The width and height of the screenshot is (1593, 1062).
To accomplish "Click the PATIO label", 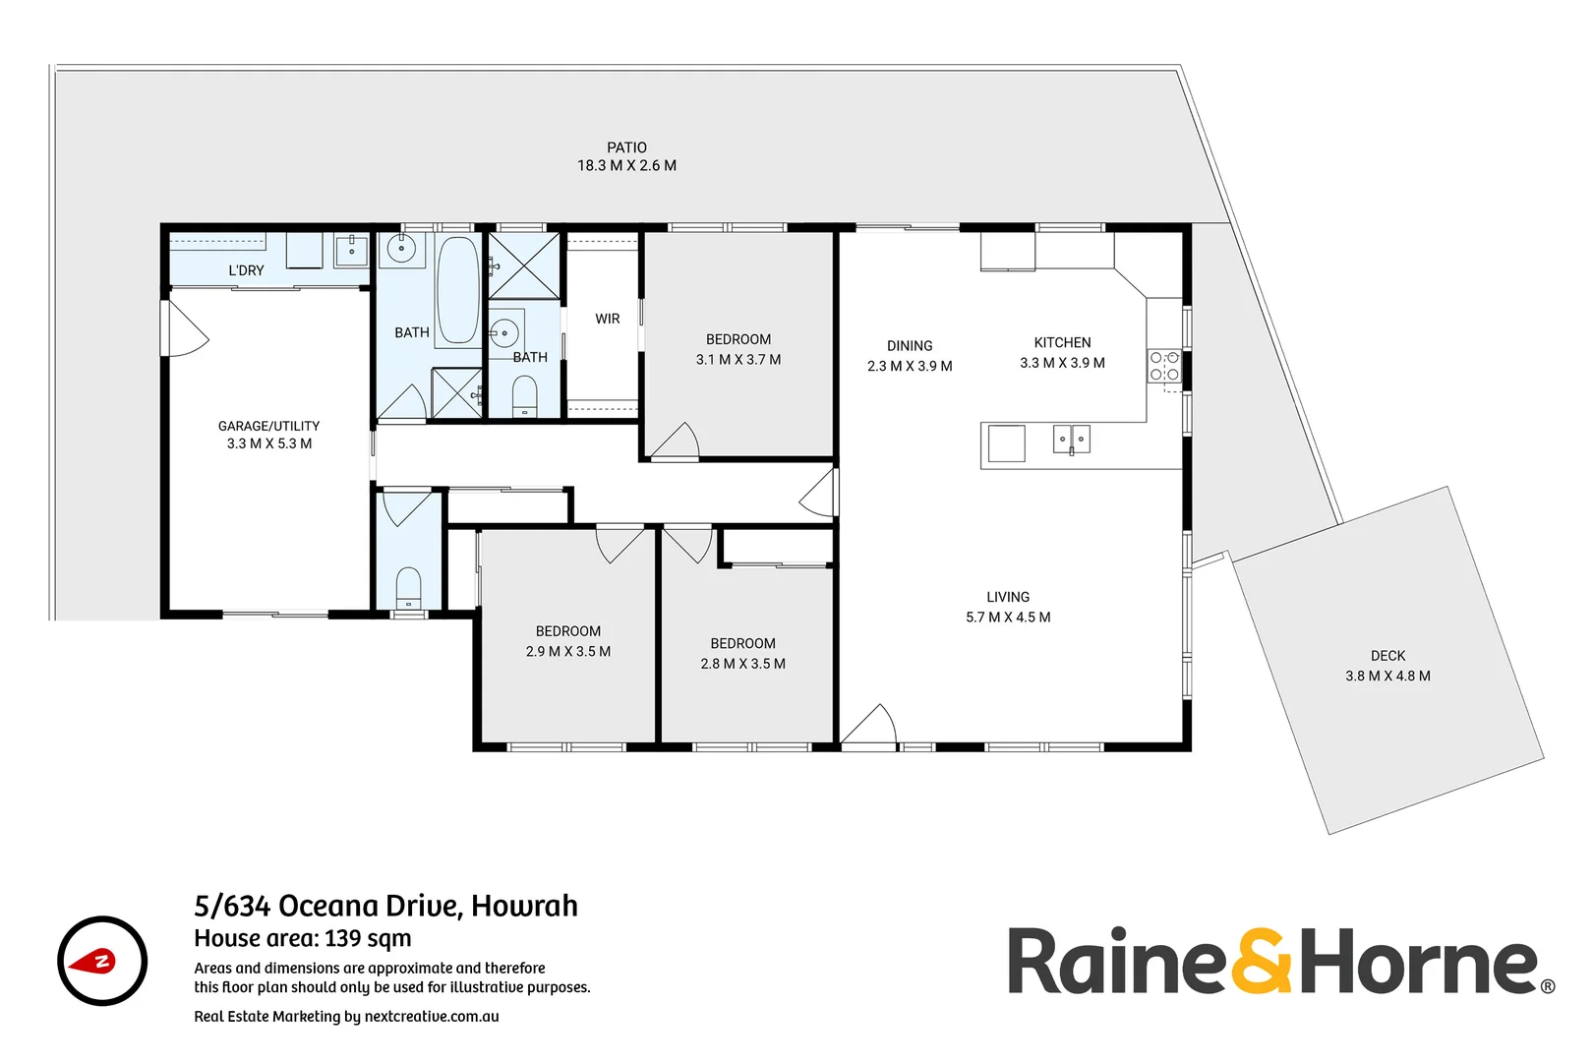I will pyautogui.click(x=626, y=147).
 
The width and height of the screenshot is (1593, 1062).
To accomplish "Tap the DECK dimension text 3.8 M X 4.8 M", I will pyautogui.click(x=1387, y=677).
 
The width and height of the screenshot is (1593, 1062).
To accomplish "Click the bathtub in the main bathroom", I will pyautogui.click(x=457, y=289).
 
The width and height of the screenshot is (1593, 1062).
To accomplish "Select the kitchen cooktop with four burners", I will pyautogui.click(x=1164, y=366).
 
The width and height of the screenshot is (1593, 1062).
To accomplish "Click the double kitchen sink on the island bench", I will pyautogui.click(x=1071, y=440).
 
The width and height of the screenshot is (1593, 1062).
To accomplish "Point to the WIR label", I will pyautogui.click(x=608, y=319).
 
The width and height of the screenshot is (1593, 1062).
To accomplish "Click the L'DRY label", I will pyautogui.click(x=246, y=270).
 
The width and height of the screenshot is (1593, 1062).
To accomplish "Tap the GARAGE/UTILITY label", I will pyautogui.click(x=268, y=426).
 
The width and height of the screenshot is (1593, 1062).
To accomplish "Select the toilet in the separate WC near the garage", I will pyautogui.click(x=408, y=588).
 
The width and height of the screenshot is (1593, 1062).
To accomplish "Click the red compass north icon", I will pyautogui.click(x=102, y=961).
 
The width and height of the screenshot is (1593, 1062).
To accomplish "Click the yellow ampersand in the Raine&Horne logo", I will pyautogui.click(x=1261, y=962).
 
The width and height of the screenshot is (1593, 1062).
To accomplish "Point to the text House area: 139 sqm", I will pyautogui.click(x=303, y=938).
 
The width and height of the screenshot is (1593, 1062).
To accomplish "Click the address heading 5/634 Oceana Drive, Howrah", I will pyautogui.click(x=385, y=906).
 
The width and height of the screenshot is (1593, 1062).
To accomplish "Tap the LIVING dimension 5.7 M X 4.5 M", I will pyautogui.click(x=1008, y=618).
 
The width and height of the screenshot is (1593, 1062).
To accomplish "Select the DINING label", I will pyautogui.click(x=910, y=346).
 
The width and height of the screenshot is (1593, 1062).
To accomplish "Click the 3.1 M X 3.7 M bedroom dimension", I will pyautogui.click(x=738, y=360).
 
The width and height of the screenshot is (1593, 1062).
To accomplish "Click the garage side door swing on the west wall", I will pyautogui.click(x=186, y=329).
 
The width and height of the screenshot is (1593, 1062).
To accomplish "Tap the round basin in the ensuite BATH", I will pyautogui.click(x=504, y=332).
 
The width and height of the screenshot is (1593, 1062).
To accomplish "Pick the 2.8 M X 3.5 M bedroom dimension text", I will pyautogui.click(x=742, y=664).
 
